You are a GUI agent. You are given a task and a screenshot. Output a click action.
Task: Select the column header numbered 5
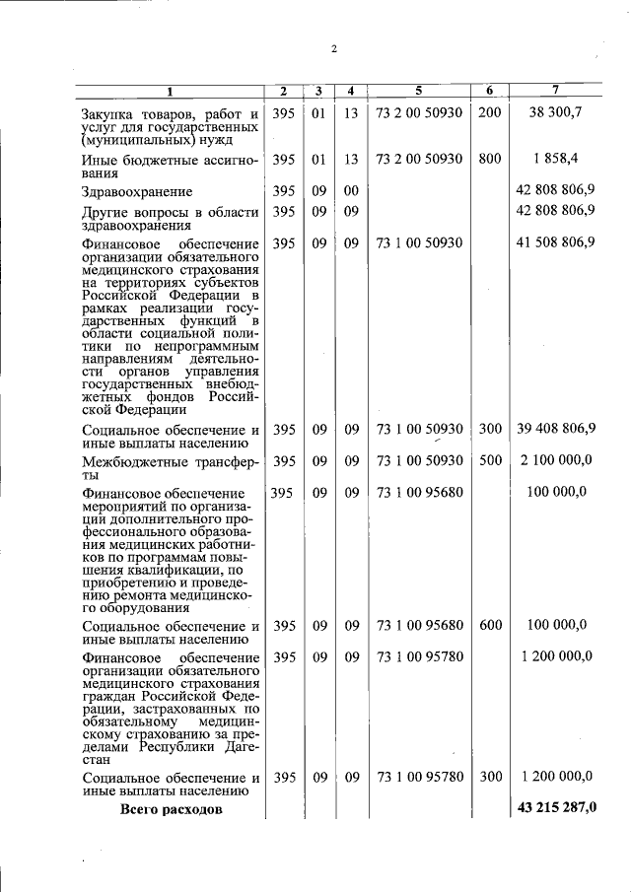(419, 92)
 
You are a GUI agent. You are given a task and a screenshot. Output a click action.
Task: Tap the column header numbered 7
(555, 92)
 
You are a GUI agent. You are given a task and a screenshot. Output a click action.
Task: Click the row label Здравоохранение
(137, 191)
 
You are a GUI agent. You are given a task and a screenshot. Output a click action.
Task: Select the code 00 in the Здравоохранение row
(350, 189)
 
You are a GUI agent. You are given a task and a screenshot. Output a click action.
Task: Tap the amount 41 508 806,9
(555, 241)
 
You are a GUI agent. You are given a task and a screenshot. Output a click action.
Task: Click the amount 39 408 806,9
(555, 429)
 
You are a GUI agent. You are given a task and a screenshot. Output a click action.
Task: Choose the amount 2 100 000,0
(555, 460)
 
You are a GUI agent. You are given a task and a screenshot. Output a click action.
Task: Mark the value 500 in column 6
(489, 460)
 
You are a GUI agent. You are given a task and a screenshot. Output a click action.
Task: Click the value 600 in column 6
(489, 625)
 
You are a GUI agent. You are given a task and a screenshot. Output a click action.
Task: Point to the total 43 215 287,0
(555, 808)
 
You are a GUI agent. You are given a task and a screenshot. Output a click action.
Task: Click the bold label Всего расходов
(171, 809)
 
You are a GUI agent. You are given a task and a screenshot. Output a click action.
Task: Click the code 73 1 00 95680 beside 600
(419, 625)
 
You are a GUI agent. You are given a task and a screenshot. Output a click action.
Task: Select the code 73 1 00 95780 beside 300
(419, 777)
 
